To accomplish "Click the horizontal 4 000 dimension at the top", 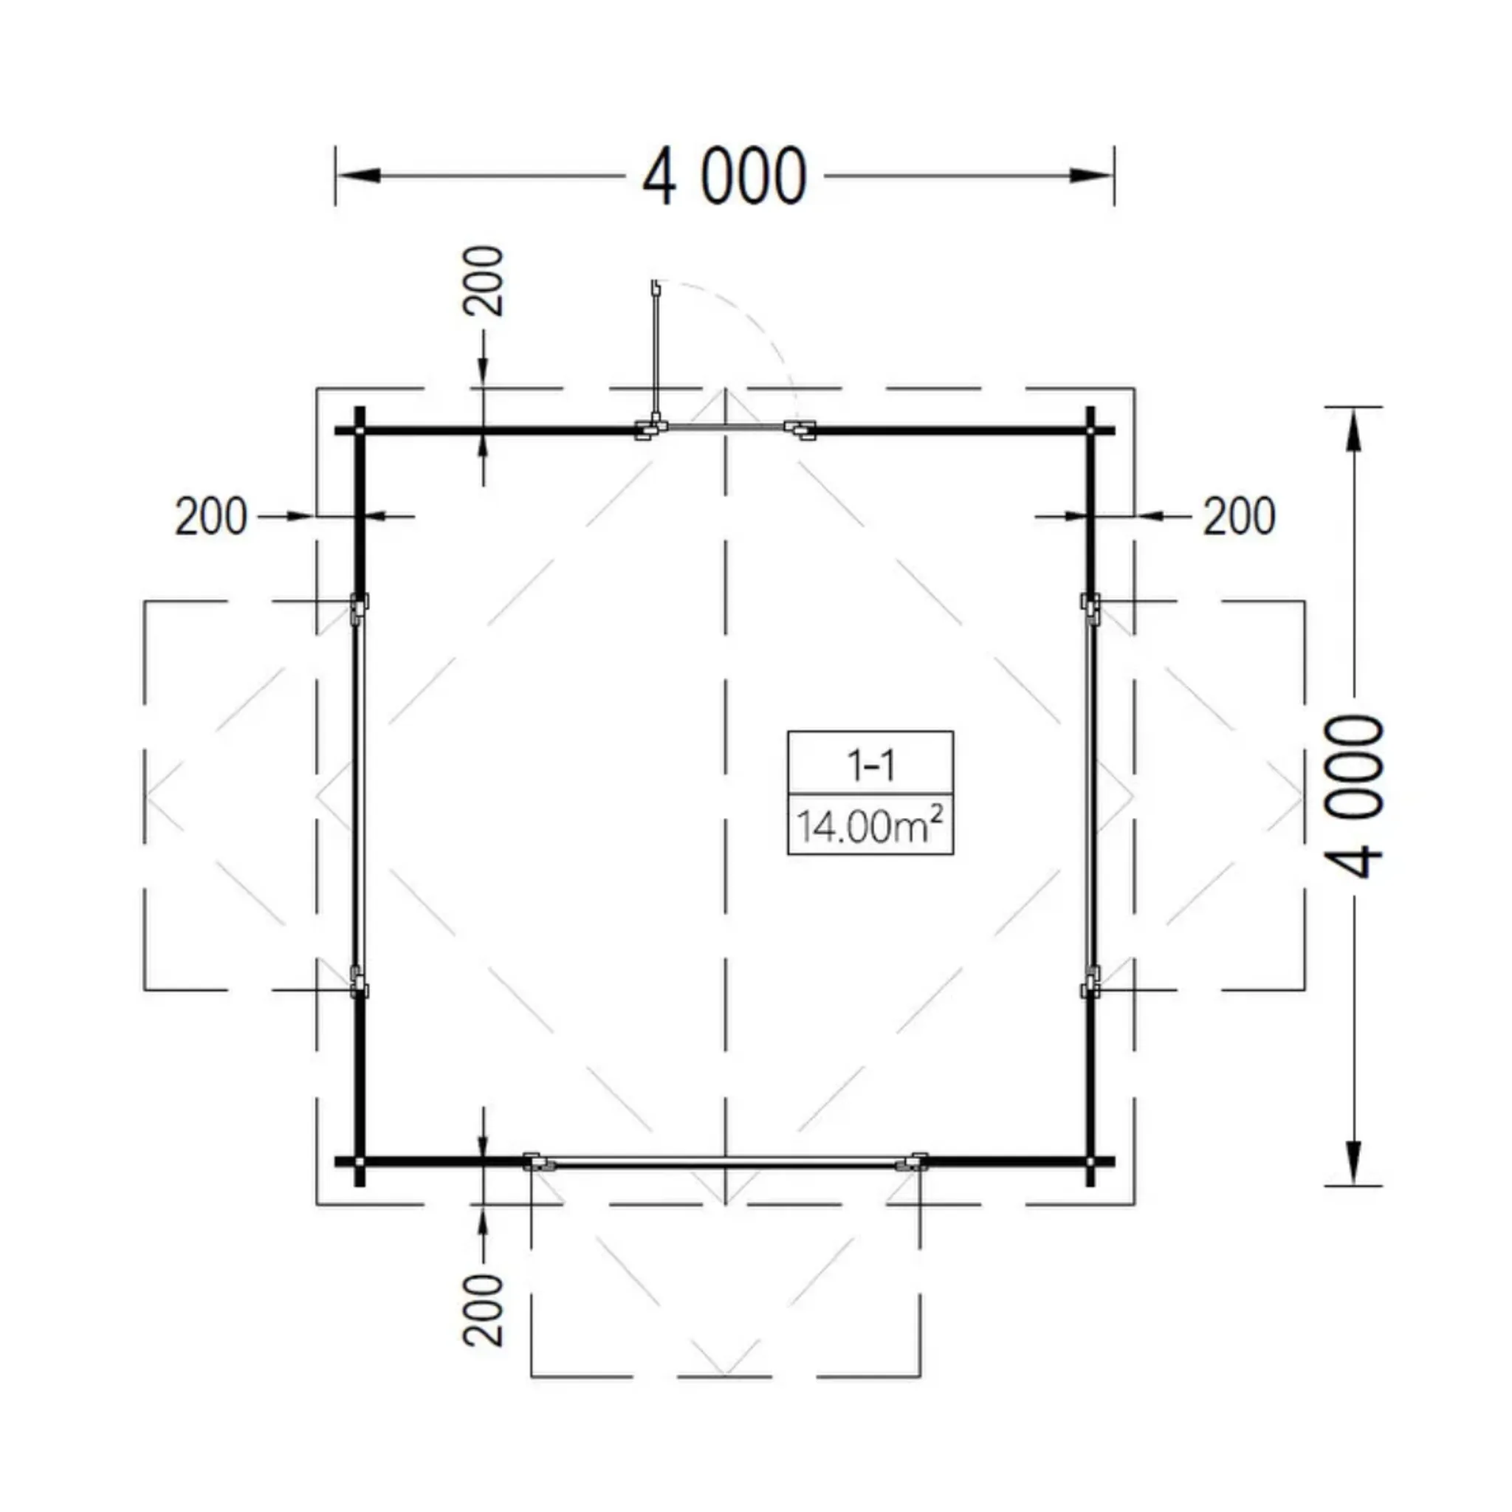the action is [724, 175].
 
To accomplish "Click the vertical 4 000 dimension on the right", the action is [1355, 797].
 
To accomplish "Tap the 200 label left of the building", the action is [210, 517].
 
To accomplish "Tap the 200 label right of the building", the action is [1239, 517].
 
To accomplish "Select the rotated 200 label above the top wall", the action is [483, 281].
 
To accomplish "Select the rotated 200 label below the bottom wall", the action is [483, 1310].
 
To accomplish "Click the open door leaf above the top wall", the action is [654, 352].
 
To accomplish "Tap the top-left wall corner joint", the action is [360, 430].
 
